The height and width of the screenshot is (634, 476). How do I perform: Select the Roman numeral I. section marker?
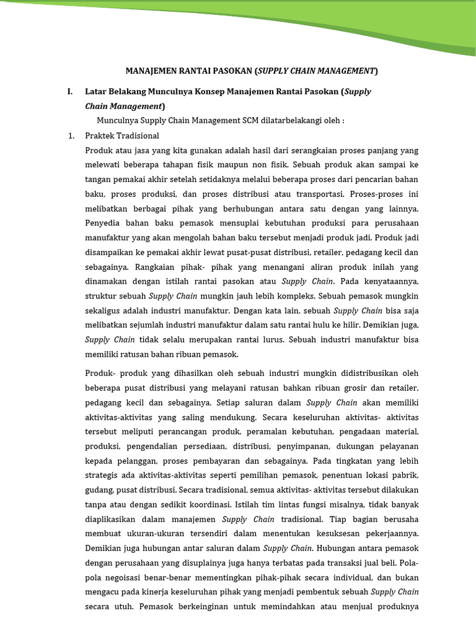point(70,92)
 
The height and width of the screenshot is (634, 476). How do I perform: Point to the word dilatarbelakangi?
point(284,121)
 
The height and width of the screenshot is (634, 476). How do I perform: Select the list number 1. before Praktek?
point(71,136)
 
